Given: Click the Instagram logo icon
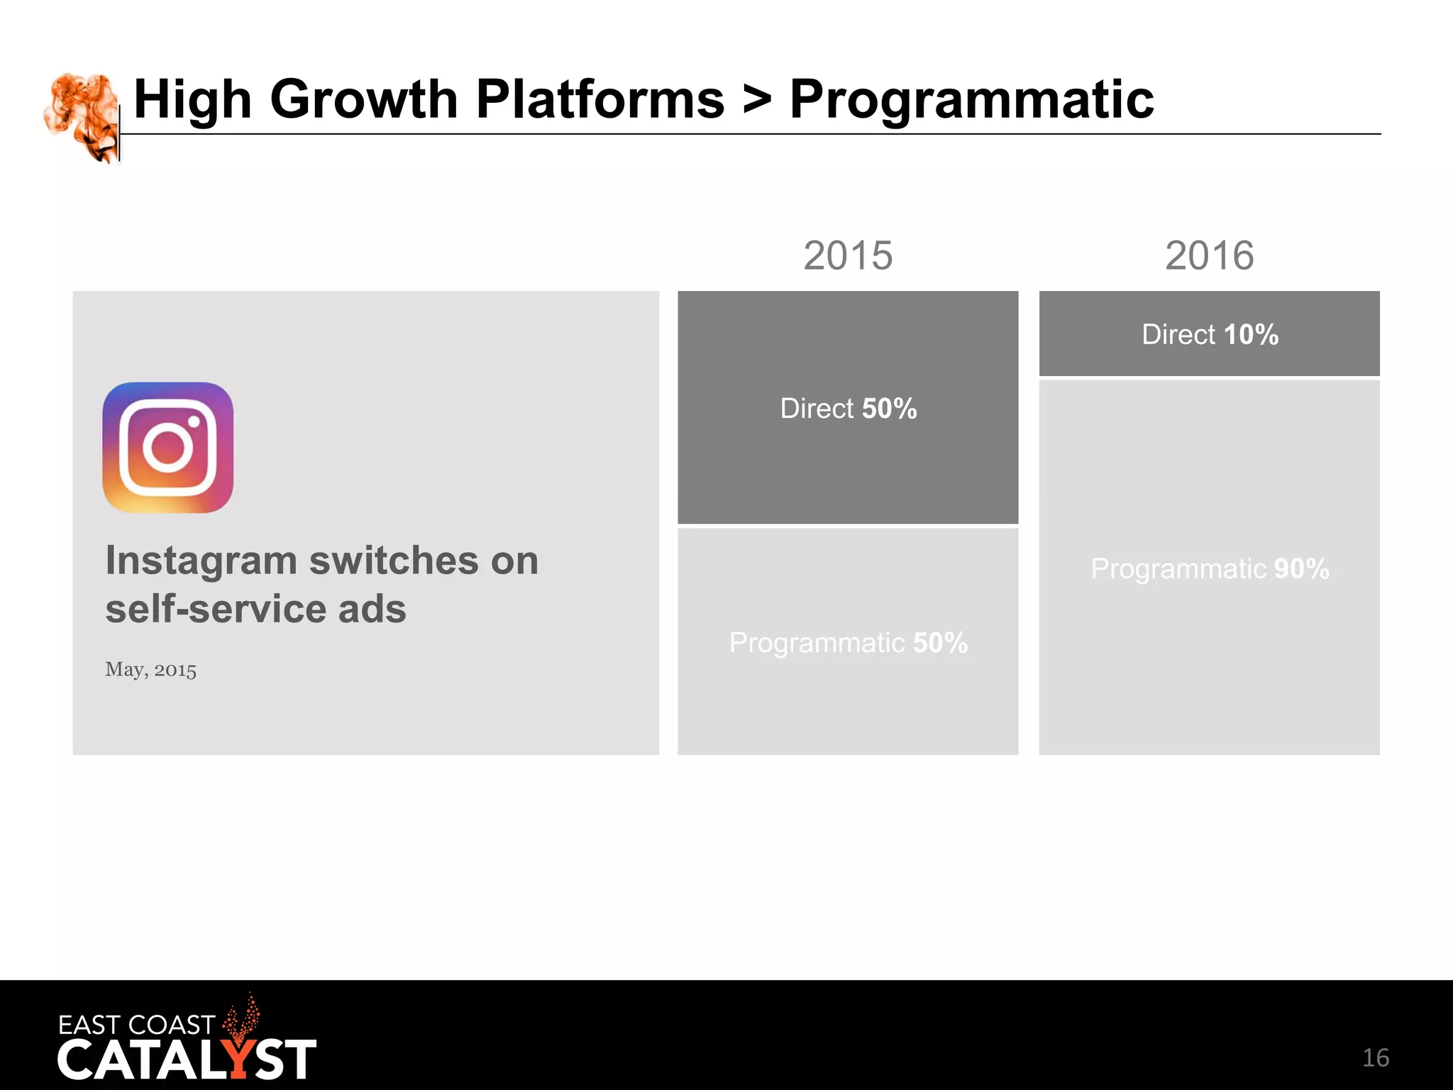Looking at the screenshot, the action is [x=168, y=448].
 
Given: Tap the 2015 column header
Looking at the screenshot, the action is [x=848, y=255].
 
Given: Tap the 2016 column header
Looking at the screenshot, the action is [x=1209, y=255].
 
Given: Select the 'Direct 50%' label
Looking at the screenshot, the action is [x=848, y=409].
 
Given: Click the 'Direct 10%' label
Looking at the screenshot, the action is [x=1210, y=334].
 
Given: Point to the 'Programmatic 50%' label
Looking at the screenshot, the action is [x=848, y=643].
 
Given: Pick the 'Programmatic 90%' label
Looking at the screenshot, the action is [x=1210, y=568].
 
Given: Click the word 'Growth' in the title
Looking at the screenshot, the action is [x=364, y=99].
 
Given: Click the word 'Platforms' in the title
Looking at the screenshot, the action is [x=600, y=99].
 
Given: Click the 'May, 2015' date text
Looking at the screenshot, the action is [x=150, y=669].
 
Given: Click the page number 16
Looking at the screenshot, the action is [x=1375, y=1058].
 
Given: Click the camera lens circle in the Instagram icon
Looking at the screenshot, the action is [x=168, y=448].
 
